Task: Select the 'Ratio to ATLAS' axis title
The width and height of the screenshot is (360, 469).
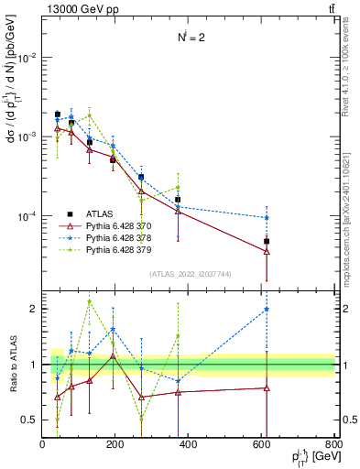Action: pyautogui.click(x=12, y=364)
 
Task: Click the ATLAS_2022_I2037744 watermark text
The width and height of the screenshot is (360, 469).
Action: pyautogui.click(x=188, y=274)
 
